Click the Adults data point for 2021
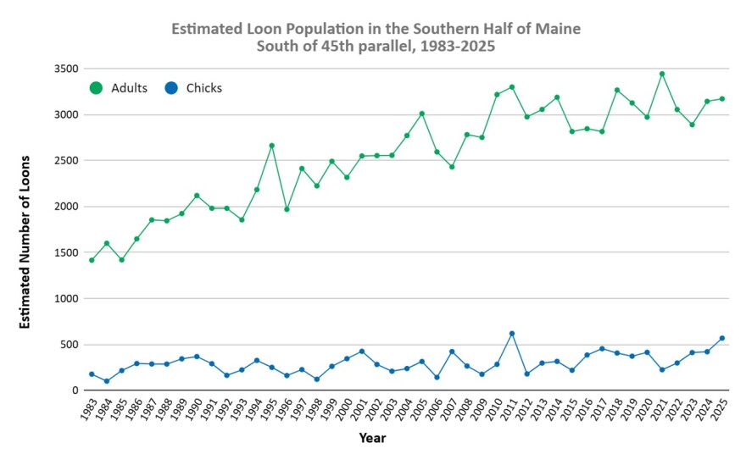pos(662,74)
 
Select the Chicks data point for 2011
pos(512,334)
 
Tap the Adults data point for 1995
pos(271,146)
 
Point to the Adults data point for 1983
pos(92,260)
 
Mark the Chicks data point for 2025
pos(722,338)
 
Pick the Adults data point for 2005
pos(421,113)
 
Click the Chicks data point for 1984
pos(107,381)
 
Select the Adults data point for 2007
pos(452,167)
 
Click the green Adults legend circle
pos(96,88)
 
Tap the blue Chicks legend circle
pos(172,88)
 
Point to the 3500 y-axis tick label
pos(64,69)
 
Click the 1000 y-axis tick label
pos(64,298)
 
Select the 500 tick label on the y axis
pos(68,345)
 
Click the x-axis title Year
pos(372,438)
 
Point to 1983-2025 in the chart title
pos(454,47)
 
